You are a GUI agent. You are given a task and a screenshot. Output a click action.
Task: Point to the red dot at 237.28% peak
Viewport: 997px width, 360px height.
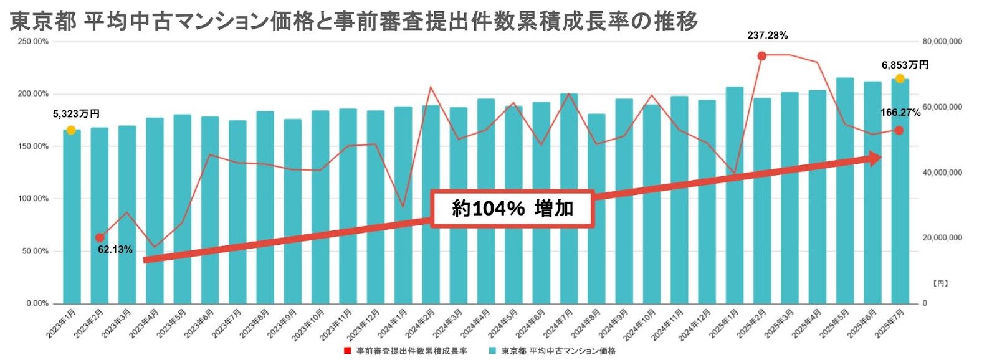point(761,56)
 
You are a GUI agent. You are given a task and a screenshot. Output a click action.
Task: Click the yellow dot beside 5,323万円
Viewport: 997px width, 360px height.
point(71,130)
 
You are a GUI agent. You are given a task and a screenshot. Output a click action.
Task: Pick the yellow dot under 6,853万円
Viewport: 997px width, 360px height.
point(900,78)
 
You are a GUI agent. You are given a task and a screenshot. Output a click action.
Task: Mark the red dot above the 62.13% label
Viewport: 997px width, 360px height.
point(100,238)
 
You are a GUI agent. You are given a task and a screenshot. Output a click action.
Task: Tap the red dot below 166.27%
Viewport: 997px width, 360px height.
point(899,130)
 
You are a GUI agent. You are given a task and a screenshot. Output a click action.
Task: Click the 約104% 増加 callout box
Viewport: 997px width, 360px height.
point(512,208)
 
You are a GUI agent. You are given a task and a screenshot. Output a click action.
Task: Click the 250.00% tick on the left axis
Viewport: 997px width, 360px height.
point(33,42)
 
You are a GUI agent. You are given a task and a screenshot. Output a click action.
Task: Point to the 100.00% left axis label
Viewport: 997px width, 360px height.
point(33,199)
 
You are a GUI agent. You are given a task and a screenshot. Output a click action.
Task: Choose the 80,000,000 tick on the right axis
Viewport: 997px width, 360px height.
point(942,42)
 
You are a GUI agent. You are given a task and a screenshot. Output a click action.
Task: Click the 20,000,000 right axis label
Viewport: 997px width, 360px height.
point(942,238)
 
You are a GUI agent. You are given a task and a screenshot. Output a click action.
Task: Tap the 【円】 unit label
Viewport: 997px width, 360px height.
point(940,283)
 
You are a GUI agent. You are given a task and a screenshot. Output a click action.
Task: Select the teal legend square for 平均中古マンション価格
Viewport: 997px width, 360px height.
point(492,351)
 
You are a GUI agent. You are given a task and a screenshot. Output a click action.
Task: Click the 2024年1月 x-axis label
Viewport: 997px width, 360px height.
point(396,323)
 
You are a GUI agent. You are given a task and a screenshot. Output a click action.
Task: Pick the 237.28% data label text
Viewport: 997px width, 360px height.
point(767,36)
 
